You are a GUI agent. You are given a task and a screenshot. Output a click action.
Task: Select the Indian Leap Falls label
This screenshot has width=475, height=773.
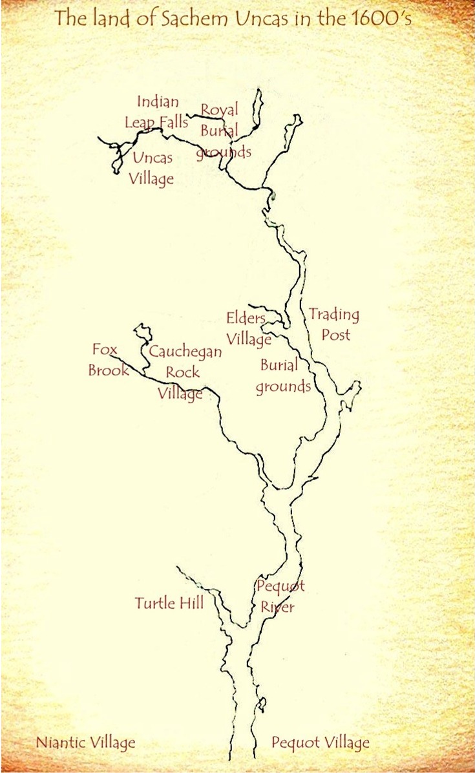click(158, 112)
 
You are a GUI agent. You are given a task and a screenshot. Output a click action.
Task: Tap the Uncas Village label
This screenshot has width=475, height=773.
click(152, 168)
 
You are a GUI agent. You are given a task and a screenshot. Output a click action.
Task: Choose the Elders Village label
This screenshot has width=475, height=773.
click(248, 328)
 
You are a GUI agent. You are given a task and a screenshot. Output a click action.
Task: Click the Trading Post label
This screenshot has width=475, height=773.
click(334, 324)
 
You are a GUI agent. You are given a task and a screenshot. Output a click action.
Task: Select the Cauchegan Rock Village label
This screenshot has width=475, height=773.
click(184, 372)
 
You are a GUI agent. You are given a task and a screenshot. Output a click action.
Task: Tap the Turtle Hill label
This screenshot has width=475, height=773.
click(169, 603)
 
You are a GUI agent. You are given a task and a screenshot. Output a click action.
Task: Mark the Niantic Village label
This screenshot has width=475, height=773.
click(86, 743)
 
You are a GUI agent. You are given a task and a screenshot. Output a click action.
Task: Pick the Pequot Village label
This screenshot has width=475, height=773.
click(321, 743)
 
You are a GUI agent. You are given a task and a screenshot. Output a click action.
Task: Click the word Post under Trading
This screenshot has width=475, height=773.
click(335, 335)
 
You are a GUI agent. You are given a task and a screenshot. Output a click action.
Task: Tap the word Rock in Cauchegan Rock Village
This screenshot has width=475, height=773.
click(183, 372)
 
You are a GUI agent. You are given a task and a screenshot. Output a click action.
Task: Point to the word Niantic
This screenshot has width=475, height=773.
click(60, 743)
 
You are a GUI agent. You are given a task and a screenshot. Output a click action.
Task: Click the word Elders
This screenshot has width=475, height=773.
click(246, 318)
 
